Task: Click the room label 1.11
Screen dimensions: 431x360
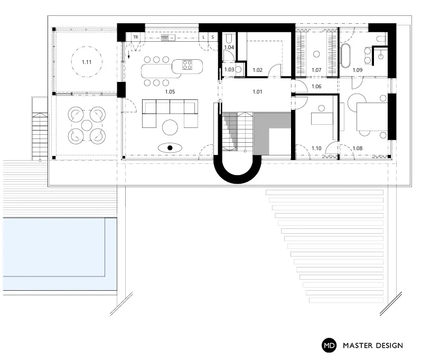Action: [x=87, y=62]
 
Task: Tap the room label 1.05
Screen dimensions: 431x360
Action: [x=170, y=91]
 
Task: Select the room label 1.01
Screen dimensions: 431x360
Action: [x=257, y=91]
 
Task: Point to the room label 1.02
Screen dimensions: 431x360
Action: [x=257, y=70]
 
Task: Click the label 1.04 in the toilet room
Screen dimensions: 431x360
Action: [x=229, y=47]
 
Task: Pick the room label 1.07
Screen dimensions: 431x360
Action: [x=316, y=70]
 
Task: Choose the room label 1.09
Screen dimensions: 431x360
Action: [x=358, y=70]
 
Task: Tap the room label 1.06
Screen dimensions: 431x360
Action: [x=316, y=86]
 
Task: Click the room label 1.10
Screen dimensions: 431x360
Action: [x=316, y=148]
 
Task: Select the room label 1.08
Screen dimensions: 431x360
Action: [x=358, y=148]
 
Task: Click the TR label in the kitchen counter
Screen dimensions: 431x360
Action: [x=136, y=37]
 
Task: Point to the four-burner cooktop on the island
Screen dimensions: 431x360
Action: [x=187, y=65]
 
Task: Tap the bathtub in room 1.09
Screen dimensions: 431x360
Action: [x=345, y=56]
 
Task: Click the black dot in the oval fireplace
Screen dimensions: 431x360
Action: [x=170, y=148]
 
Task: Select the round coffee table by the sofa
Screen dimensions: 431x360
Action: [x=170, y=127]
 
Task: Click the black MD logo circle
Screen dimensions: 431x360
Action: [x=329, y=345]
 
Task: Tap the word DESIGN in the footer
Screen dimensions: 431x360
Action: [x=388, y=345]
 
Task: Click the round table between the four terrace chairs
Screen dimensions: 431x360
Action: [x=87, y=125]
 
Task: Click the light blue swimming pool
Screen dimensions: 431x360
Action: [x=60, y=254]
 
